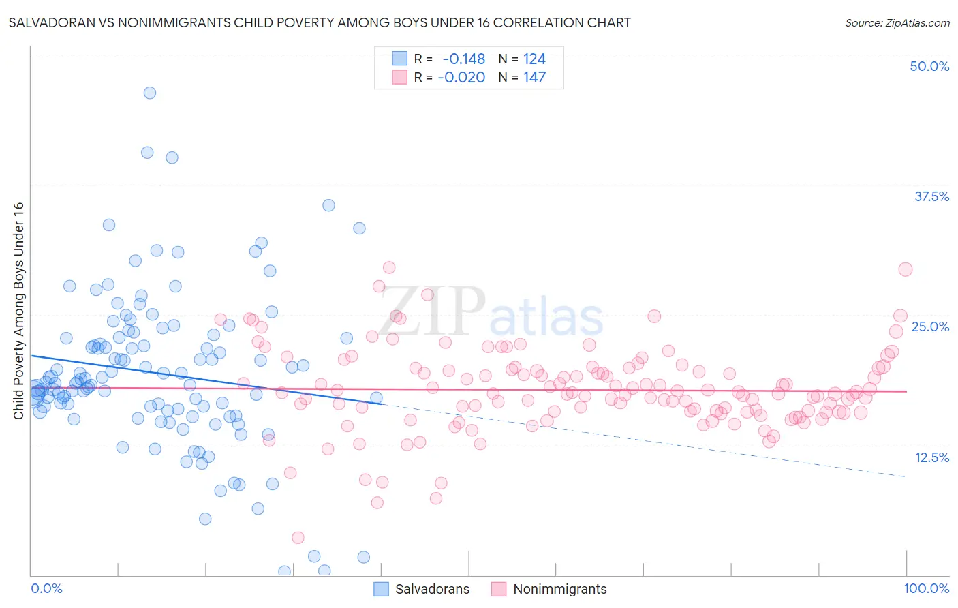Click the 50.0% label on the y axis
[929, 66]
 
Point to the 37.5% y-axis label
[931, 196]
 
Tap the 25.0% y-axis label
[930, 326]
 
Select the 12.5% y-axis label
[931, 457]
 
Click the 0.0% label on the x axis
[46, 588]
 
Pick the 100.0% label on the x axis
[926, 588]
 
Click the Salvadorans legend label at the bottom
[432, 589]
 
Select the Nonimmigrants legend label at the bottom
[559, 589]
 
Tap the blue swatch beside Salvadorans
[381, 589]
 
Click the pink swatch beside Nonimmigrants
[499, 589]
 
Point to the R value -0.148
[463, 59]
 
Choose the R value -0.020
[461, 77]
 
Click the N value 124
[534, 59]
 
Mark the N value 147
[534, 77]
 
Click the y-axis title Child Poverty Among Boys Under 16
[18, 311]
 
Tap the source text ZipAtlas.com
[897, 22]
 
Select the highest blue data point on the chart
[149, 93]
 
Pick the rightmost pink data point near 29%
[905, 269]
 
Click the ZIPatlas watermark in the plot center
[491, 312]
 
